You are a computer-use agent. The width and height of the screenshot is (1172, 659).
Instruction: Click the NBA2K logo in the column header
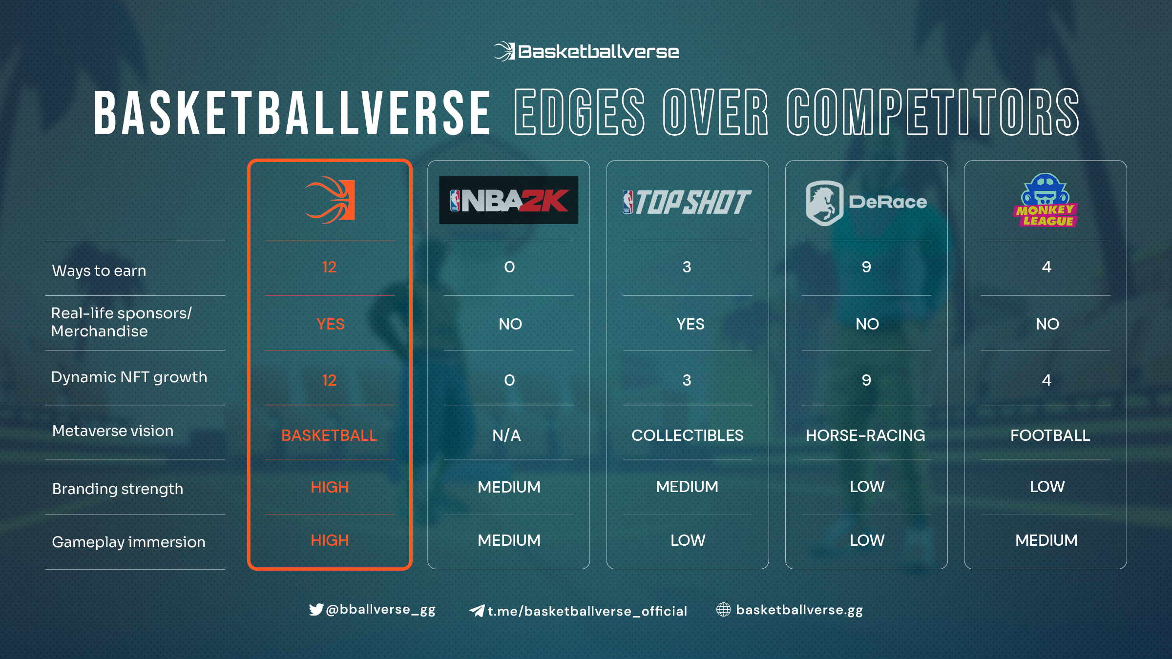(508, 200)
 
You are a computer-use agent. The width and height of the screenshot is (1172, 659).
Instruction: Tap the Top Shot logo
(687, 202)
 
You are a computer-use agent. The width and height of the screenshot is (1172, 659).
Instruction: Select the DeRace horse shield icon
(825, 203)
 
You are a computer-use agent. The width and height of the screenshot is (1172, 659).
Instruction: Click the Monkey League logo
(1046, 200)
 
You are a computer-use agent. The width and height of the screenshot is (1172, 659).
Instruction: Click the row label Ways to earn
(99, 270)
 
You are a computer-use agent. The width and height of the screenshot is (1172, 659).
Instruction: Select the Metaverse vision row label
(113, 431)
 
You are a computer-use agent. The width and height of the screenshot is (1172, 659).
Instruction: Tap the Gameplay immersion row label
(128, 542)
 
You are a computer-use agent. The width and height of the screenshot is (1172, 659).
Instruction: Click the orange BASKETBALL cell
(330, 435)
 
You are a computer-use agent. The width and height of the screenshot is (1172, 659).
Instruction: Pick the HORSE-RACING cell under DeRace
(865, 435)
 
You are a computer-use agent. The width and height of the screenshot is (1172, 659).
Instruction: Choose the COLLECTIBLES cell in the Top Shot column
(688, 435)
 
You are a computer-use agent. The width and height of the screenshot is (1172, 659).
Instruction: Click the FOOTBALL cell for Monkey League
(1050, 435)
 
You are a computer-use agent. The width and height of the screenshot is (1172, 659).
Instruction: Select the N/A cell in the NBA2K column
(507, 435)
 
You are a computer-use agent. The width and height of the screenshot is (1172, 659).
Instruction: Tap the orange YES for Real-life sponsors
(331, 324)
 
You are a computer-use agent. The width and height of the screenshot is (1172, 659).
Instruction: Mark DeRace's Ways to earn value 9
(866, 267)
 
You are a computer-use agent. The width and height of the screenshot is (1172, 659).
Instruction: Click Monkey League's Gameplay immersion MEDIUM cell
(1046, 540)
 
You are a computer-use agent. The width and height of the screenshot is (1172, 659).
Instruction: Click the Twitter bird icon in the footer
(316, 609)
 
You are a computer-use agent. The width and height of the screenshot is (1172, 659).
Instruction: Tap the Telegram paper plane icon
(477, 611)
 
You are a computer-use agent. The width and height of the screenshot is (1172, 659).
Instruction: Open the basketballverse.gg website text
(799, 610)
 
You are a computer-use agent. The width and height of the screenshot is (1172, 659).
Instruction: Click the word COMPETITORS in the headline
(933, 112)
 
